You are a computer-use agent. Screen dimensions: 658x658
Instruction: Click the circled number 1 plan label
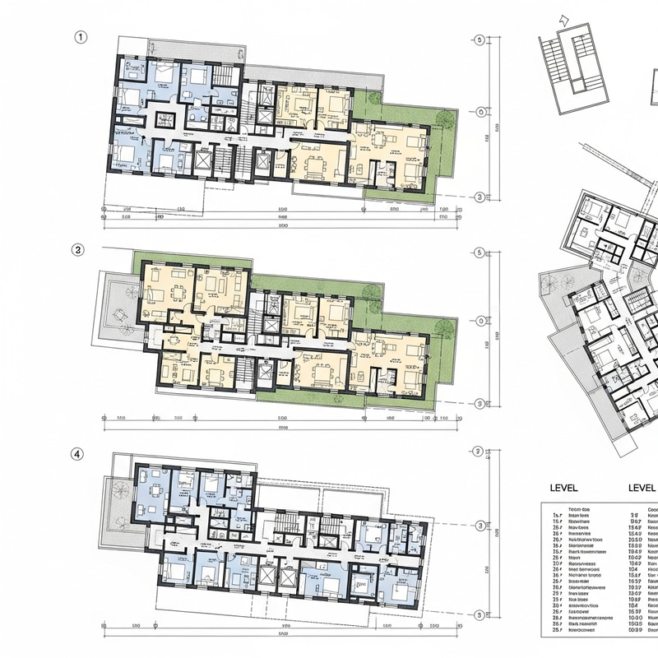pos(81,37)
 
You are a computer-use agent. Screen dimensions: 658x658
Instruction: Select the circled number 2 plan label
pos(77,249)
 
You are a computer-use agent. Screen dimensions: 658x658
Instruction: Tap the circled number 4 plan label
pos(77,453)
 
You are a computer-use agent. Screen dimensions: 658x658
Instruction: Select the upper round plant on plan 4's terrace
pos(120,489)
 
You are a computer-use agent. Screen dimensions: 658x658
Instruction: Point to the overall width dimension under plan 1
pos(281,225)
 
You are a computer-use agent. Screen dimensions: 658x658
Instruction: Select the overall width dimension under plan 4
pos(281,634)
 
